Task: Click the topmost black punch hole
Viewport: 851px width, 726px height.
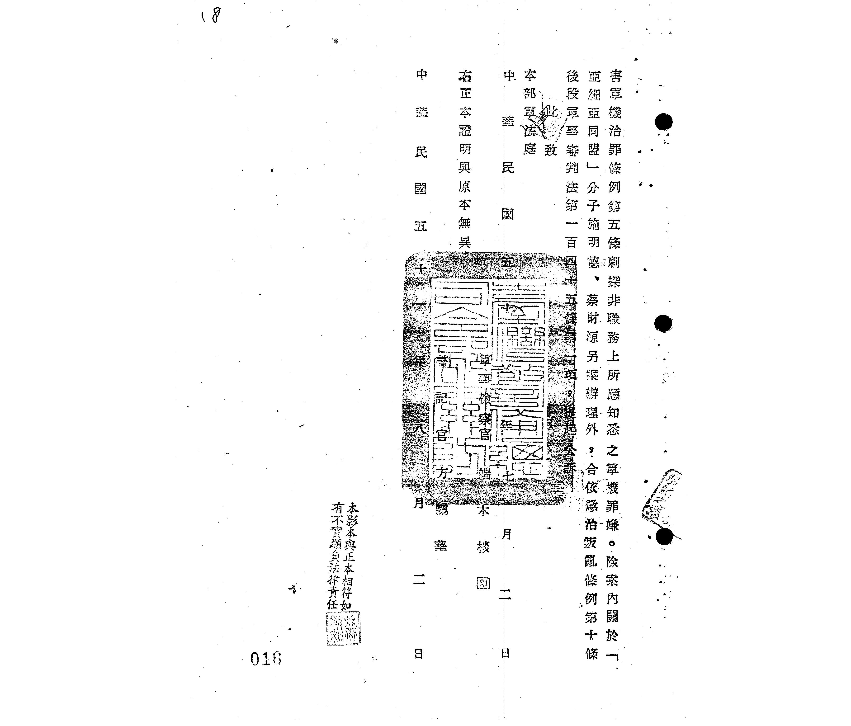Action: click(x=663, y=122)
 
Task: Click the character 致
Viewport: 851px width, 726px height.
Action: click(x=550, y=150)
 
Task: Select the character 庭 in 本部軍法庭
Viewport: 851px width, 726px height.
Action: click(x=530, y=149)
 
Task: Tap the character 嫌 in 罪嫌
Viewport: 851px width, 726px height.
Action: click(x=612, y=525)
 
